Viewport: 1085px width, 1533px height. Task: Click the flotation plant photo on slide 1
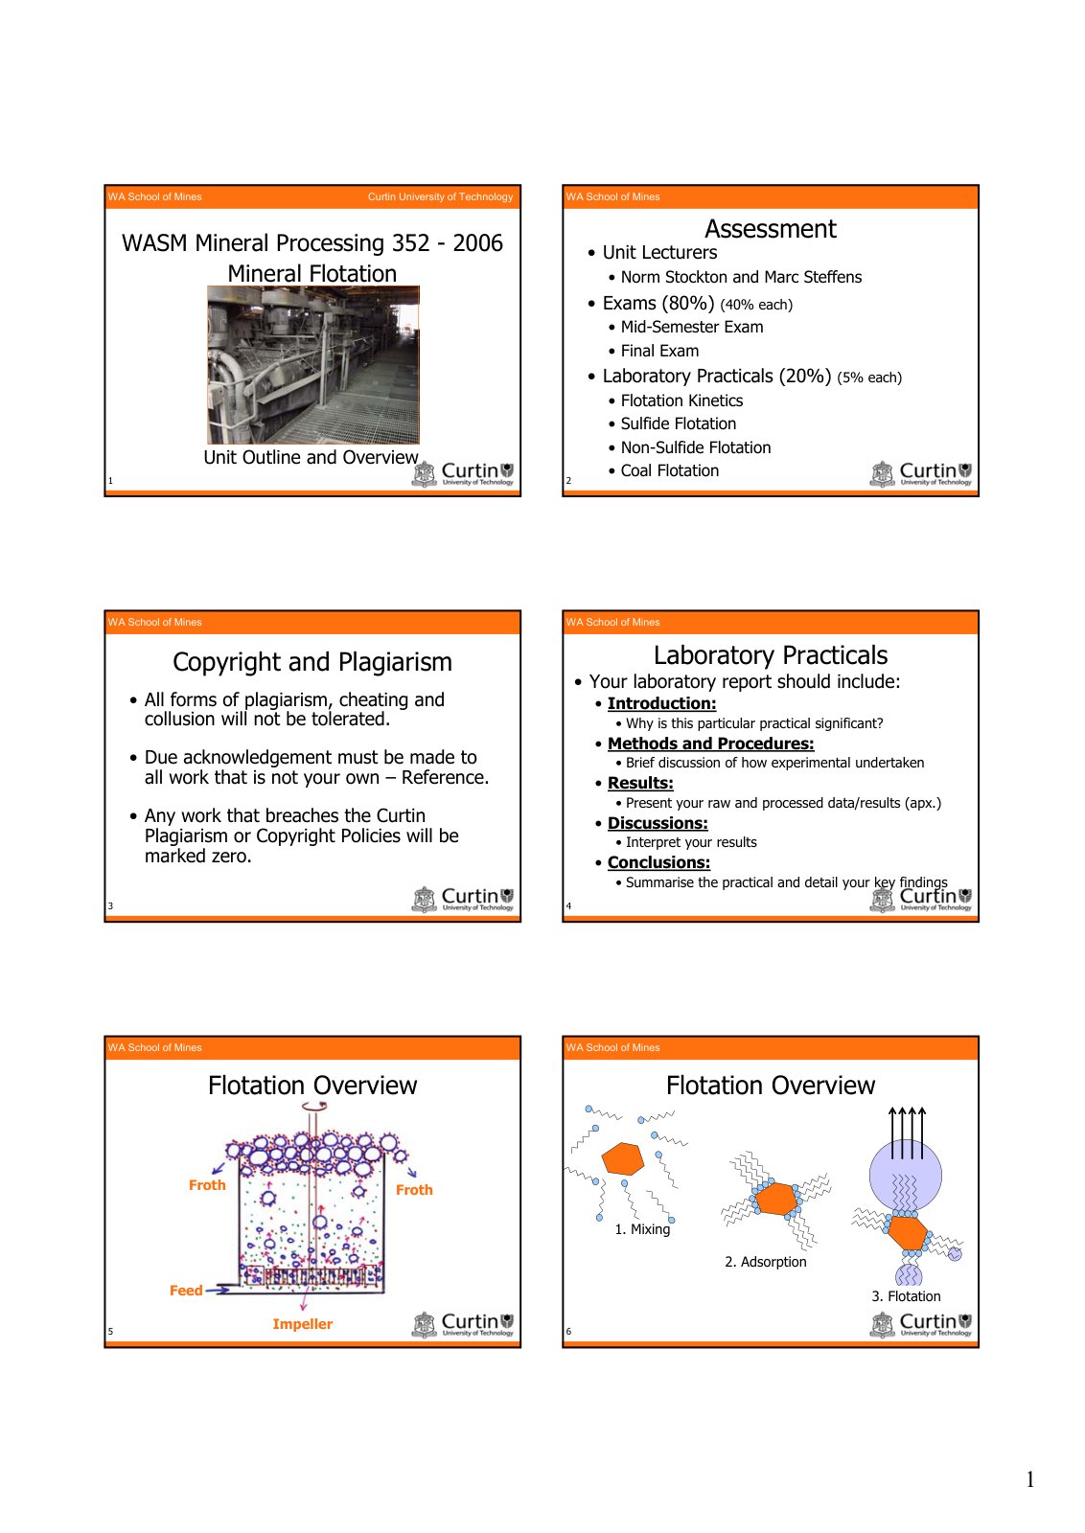pyautogui.click(x=312, y=365)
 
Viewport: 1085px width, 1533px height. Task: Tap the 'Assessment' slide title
pyautogui.click(x=770, y=229)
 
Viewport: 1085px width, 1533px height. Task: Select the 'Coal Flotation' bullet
pyautogui.click(x=669, y=470)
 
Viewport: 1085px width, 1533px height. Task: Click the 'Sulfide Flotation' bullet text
pyautogui.click(x=678, y=423)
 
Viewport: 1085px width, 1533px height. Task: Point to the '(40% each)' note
pyautogui.click(x=755, y=305)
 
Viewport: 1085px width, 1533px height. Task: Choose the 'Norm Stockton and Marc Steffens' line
pyautogui.click(x=741, y=277)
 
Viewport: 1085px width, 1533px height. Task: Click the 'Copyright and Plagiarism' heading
pyautogui.click(x=312, y=662)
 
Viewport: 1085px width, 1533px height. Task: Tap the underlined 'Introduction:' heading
pyautogui.click(x=661, y=703)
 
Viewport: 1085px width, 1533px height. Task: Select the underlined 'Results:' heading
pyautogui.click(x=640, y=783)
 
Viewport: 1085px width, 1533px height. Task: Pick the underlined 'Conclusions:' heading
pyautogui.click(x=658, y=862)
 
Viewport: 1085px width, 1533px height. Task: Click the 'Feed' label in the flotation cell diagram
pyautogui.click(x=186, y=1290)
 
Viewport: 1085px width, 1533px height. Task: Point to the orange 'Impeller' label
pyautogui.click(x=302, y=1323)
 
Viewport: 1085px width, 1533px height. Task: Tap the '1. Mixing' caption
pyautogui.click(x=642, y=1229)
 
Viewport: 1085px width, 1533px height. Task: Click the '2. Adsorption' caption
pyautogui.click(x=765, y=1261)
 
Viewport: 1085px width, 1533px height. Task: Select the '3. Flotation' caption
pyautogui.click(x=906, y=1295)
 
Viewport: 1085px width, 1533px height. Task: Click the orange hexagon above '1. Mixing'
pyautogui.click(x=623, y=1158)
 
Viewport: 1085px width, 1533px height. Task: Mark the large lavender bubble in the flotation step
pyautogui.click(x=905, y=1176)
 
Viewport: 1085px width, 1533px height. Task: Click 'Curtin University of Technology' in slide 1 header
pyautogui.click(x=440, y=196)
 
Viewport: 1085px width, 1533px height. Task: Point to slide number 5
pyautogui.click(x=110, y=1331)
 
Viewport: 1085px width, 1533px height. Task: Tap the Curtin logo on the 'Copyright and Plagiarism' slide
pyautogui.click(x=463, y=899)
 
